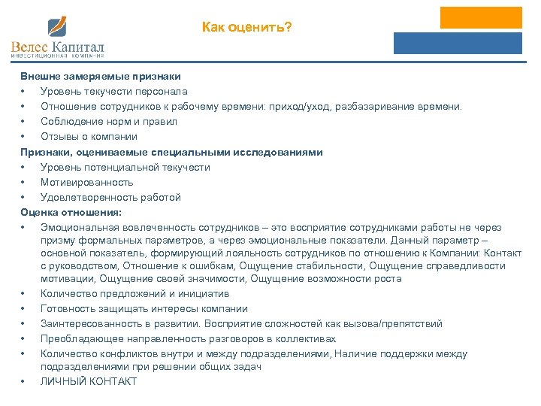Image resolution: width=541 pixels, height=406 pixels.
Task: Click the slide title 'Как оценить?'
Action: (246, 28)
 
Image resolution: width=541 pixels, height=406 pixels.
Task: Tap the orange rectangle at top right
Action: (481, 17)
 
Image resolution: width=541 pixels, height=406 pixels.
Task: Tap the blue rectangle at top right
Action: (458, 43)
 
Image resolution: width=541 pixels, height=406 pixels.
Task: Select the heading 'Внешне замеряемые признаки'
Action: (100, 77)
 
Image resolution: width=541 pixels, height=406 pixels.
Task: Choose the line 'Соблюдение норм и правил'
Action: (109, 122)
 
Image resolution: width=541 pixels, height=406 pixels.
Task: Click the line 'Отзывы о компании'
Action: (89, 137)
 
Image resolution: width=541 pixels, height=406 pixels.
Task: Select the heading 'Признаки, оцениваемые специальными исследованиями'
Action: (171, 152)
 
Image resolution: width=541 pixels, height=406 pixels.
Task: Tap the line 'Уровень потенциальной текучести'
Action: (125, 167)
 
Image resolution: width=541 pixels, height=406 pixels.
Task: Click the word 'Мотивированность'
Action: (87, 182)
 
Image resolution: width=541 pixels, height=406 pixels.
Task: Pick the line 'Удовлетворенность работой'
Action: (110, 197)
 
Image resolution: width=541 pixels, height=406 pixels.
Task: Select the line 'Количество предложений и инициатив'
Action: (134, 294)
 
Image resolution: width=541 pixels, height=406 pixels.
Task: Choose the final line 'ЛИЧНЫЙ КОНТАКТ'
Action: (89, 381)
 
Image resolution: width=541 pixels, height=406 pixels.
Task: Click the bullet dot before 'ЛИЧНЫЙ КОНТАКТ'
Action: (24, 382)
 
